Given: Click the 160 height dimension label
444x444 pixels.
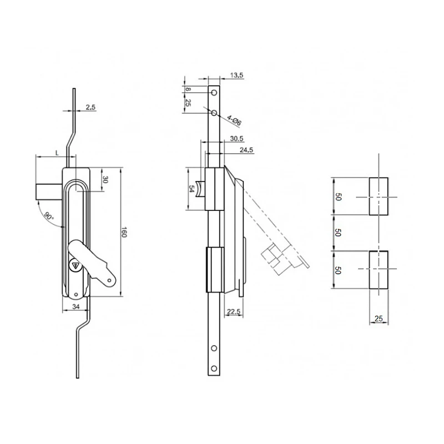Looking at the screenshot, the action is [124, 232].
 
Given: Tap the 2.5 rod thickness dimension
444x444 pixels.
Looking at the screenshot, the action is [90, 107].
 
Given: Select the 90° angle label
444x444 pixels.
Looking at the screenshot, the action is [49, 216].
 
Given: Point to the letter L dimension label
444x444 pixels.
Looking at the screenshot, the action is [57, 153].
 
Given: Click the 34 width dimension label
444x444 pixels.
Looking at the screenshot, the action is [76, 307].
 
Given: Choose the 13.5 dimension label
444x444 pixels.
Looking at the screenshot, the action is [236, 75].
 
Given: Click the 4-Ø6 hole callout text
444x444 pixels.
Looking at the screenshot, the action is [234, 121].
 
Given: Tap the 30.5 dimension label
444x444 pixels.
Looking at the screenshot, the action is [236, 139].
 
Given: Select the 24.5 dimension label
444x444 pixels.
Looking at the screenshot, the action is [246, 150].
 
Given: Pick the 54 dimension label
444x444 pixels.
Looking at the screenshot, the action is [191, 189].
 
